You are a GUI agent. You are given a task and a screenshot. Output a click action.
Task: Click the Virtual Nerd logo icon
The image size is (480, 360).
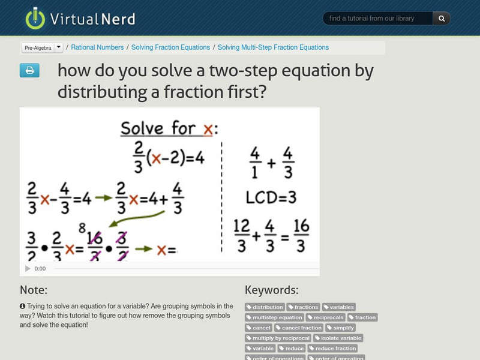[35, 18]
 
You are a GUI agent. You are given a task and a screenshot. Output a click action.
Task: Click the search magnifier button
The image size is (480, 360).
[441, 19]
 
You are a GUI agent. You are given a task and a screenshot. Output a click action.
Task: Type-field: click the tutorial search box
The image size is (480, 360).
[378, 19]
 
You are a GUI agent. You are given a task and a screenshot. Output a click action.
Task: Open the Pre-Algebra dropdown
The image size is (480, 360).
[42, 47]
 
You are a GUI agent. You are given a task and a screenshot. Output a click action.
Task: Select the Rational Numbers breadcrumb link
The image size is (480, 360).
[97, 47]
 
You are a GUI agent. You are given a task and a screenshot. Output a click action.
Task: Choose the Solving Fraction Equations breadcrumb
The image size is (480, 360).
[170, 47]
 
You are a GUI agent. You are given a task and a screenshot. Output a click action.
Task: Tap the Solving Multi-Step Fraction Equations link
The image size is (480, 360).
[273, 47]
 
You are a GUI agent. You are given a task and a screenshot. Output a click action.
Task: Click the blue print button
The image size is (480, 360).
[29, 71]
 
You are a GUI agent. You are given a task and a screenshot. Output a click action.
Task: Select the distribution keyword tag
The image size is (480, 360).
[265, 307]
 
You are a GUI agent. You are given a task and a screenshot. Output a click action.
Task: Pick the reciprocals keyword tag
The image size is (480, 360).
[326, 317]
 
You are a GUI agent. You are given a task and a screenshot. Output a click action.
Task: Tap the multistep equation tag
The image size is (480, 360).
[275, 317]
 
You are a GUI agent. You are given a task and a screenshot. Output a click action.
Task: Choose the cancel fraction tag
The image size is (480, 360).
[299, 328]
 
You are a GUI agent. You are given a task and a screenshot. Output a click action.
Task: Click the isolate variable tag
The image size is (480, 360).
[338, 338]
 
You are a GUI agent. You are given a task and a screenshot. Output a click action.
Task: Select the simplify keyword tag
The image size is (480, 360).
[340, 328]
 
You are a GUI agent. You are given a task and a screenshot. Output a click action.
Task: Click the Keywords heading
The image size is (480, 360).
[272, 290]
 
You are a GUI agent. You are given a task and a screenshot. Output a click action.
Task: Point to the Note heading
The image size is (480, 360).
[34, 290]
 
